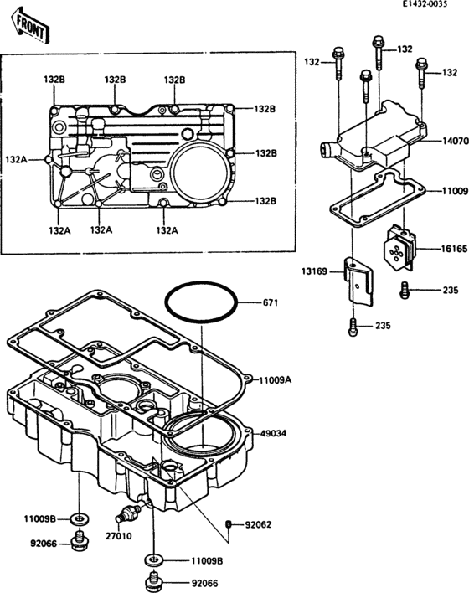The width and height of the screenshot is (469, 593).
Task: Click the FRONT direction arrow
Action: pyautogui.click(x=31, y=26)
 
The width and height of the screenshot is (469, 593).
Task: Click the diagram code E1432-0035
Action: pyautogui.click(x=425, y=4)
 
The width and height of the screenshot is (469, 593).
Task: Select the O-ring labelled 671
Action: pyautogui.click(x=202, y=302)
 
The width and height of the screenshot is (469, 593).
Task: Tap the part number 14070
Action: pyautogui.click(x=456, y=141)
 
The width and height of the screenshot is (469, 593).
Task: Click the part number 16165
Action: pyautogui.click(x=454, y=249)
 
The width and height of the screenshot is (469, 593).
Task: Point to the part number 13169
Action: pyautogui.click(x=314, y=271)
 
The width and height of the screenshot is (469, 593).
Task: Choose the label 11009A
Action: pyautogui.click(x=275, y=380)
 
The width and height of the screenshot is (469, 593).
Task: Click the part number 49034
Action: pyautogui.click(x=273, y=433)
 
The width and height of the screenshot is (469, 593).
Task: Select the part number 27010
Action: pyautogui.click(x=119, y=536)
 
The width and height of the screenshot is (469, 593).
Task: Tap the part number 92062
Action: pyautogui.click(x=258, y=525)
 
